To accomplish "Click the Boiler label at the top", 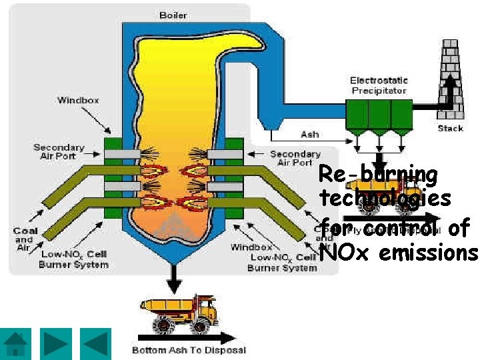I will [173, 15].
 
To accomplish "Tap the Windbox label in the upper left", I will [78, 100].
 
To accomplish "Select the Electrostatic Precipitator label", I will [378, 85].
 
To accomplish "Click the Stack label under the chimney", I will [450, 128].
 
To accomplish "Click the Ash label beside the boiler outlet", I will [309, 134].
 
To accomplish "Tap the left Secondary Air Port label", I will [59, 151].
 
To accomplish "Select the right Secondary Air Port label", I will [295, 158].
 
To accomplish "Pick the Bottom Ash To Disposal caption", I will [189, 350].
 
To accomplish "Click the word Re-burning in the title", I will [378, 175].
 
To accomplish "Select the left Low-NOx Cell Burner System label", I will [73, 259].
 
